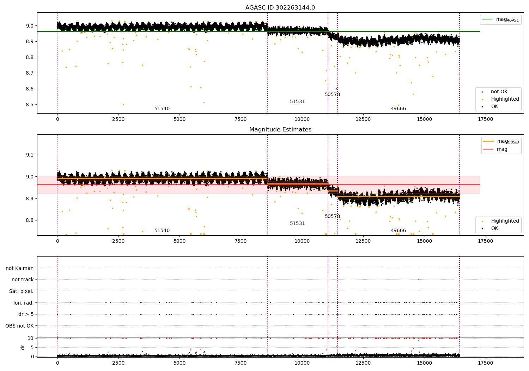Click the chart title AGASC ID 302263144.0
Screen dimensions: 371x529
click(x=280, y=8)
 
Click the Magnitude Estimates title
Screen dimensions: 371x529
click(x=280, y=130)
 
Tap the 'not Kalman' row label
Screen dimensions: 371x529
click(x=20, y=268)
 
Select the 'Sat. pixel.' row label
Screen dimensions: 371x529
click(x=21, y=291)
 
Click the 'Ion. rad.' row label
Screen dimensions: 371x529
click(x=23, y=303)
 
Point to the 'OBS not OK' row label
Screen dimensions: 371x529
click(x=19, y=326)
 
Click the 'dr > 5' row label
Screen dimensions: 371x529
click(x=26, y=314)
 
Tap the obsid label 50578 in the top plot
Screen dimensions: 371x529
click(x=332, y=95)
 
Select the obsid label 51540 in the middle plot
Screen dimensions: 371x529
click(x=162, y=231)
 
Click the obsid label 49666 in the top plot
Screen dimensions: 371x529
click(x=398, y=109)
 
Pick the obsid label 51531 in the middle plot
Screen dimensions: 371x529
click(x=297, y=224)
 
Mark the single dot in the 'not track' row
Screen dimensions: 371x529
click(x=419, y=279)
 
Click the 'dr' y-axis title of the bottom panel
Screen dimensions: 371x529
click(x=23, y=347)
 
